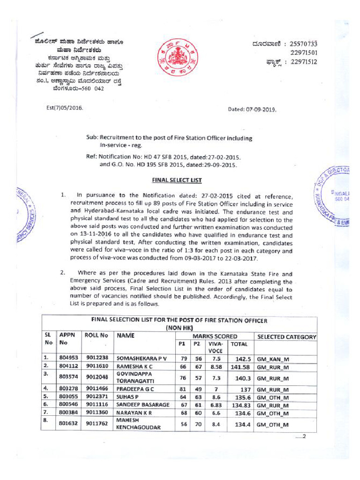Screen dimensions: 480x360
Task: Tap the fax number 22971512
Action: click(x=303, y=61)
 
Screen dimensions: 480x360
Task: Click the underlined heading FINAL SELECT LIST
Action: click(x=180, y=180)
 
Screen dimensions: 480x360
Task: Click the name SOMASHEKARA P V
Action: click(x=142, y=358)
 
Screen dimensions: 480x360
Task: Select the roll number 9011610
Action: click(x=97, y=366)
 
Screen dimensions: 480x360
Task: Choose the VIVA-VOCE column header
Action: click(x=216, y=347)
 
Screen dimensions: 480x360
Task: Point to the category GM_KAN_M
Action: click(x=273, y=359)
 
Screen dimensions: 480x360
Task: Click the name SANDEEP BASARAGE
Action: click(x=142, y=405)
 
